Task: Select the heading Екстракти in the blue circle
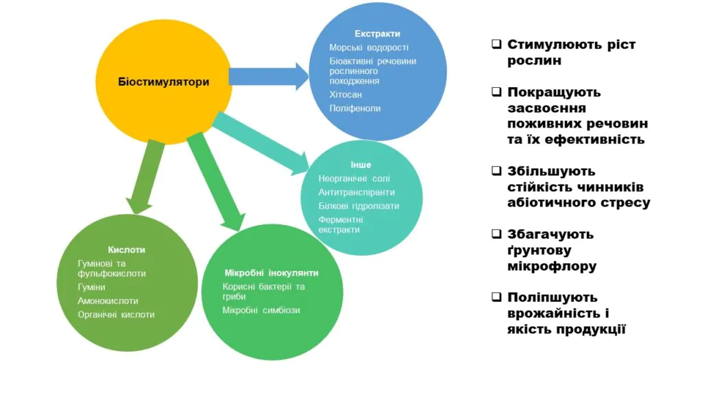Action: tap(377, 34)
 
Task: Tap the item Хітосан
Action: tap(346, 95)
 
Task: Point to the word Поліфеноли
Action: tap(354, 108)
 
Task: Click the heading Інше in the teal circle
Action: tap(361, 165)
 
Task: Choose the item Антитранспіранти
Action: tap(356, 192)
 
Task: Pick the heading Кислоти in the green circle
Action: tap(126, 250)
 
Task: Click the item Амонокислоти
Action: tap(108, 301)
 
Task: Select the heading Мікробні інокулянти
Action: tap(271, 272)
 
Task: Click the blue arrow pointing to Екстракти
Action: tap(268, 75)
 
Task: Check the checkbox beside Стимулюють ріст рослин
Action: tap(496, 45)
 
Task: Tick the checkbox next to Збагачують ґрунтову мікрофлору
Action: tap(496, 234)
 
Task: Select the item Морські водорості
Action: tap(368, 48)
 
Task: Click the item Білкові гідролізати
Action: tap(359, 206)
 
